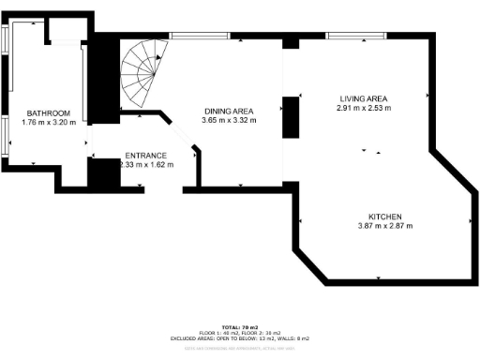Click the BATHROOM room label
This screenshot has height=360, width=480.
tap(48, 113)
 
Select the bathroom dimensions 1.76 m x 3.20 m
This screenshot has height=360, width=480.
tap(48, 122)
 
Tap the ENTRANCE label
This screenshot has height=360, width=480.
tap(146, 155)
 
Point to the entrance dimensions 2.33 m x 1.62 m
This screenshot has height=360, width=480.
tap(146, 163)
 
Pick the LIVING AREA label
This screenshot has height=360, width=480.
tap(363, 98)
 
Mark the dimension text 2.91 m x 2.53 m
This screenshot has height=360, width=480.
tap(363, 108)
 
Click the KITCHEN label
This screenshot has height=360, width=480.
tap(385, 215)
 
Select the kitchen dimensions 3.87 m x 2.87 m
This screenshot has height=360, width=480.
tap(385, 224)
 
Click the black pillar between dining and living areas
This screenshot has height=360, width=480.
tap(290, 116)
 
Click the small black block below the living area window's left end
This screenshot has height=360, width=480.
tap(290, 42)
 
